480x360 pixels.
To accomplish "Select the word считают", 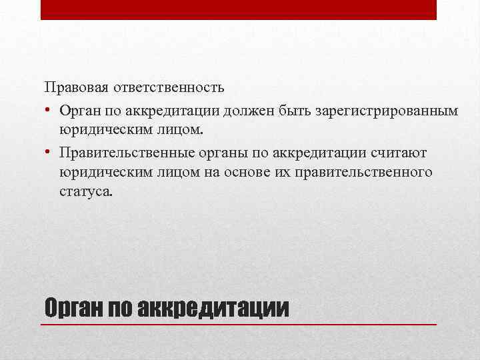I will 398,153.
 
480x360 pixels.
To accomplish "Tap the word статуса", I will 85,193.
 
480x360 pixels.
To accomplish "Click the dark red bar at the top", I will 239,9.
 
